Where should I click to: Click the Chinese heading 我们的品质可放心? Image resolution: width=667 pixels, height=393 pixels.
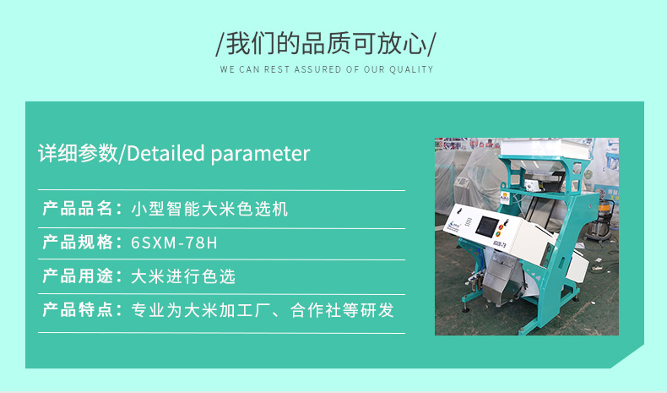[x=327, y=41]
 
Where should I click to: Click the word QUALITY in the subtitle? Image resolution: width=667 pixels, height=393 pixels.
[x=411, y=69]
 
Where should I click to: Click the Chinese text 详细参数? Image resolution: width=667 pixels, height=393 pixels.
[x=79, y=153]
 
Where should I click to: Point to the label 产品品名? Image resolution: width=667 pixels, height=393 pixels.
[x=77, y=209]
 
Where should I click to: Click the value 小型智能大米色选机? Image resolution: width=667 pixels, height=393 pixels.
[x=209, y=209]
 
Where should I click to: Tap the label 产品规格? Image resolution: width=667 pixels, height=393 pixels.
[x=77, y=243]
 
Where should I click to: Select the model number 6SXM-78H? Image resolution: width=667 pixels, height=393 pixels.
[x=174, y=243]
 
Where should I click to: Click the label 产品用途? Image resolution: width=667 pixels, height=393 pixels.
[x=77, y=276]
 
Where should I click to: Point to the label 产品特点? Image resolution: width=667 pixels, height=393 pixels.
[x=77, y=310]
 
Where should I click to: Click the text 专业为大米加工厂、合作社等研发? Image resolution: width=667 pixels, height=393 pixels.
[x=263, y=310]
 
